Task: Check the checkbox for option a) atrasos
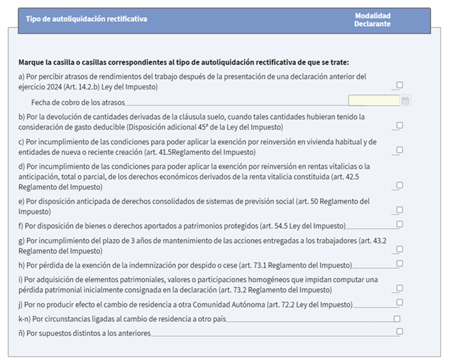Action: tap(400, 85)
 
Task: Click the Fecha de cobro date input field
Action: tap(373, 100)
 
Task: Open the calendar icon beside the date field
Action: tap(405, 100)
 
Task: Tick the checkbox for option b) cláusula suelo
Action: tap(400, 125)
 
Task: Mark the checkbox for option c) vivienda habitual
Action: tap(400, 150)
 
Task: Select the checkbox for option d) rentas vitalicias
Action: tap(400, 185)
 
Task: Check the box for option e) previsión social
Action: tap(400, 210)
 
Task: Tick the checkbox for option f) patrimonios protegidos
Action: tap(400, 224)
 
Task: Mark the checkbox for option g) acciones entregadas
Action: tap(400, 249)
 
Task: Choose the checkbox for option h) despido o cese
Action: tap(400, 264)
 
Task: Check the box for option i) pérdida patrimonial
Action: tap(400, 288)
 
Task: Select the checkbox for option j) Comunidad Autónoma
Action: tap(400, 303)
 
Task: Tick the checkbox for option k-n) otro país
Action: tap(397, 318)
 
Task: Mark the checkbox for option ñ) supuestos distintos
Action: tap(400, 332)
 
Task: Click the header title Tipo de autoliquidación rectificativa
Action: tap(86, 19)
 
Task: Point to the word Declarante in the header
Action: tap(372, 24)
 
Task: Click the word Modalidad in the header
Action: tap(372, 15)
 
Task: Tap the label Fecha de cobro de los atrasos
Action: tap(73, 101)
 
